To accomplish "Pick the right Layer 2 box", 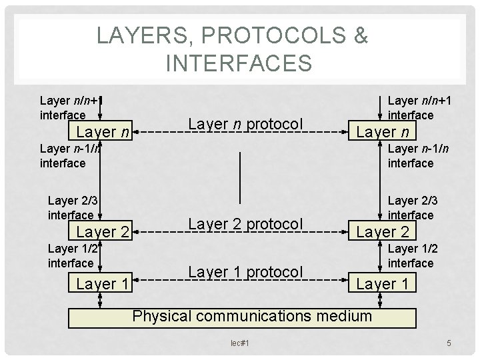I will pos(385,233).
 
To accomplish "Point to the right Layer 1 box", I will pos(385,283).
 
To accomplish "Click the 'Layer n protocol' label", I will pos(246,124).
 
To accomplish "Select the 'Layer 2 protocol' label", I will pos(246,224).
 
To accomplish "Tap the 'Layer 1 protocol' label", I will pos(246,272).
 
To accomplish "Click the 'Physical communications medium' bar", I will pos(252,315).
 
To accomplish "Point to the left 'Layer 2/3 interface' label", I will pos(71,207).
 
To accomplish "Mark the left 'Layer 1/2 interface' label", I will pos(70,256).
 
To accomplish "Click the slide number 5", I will pos(449,343).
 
